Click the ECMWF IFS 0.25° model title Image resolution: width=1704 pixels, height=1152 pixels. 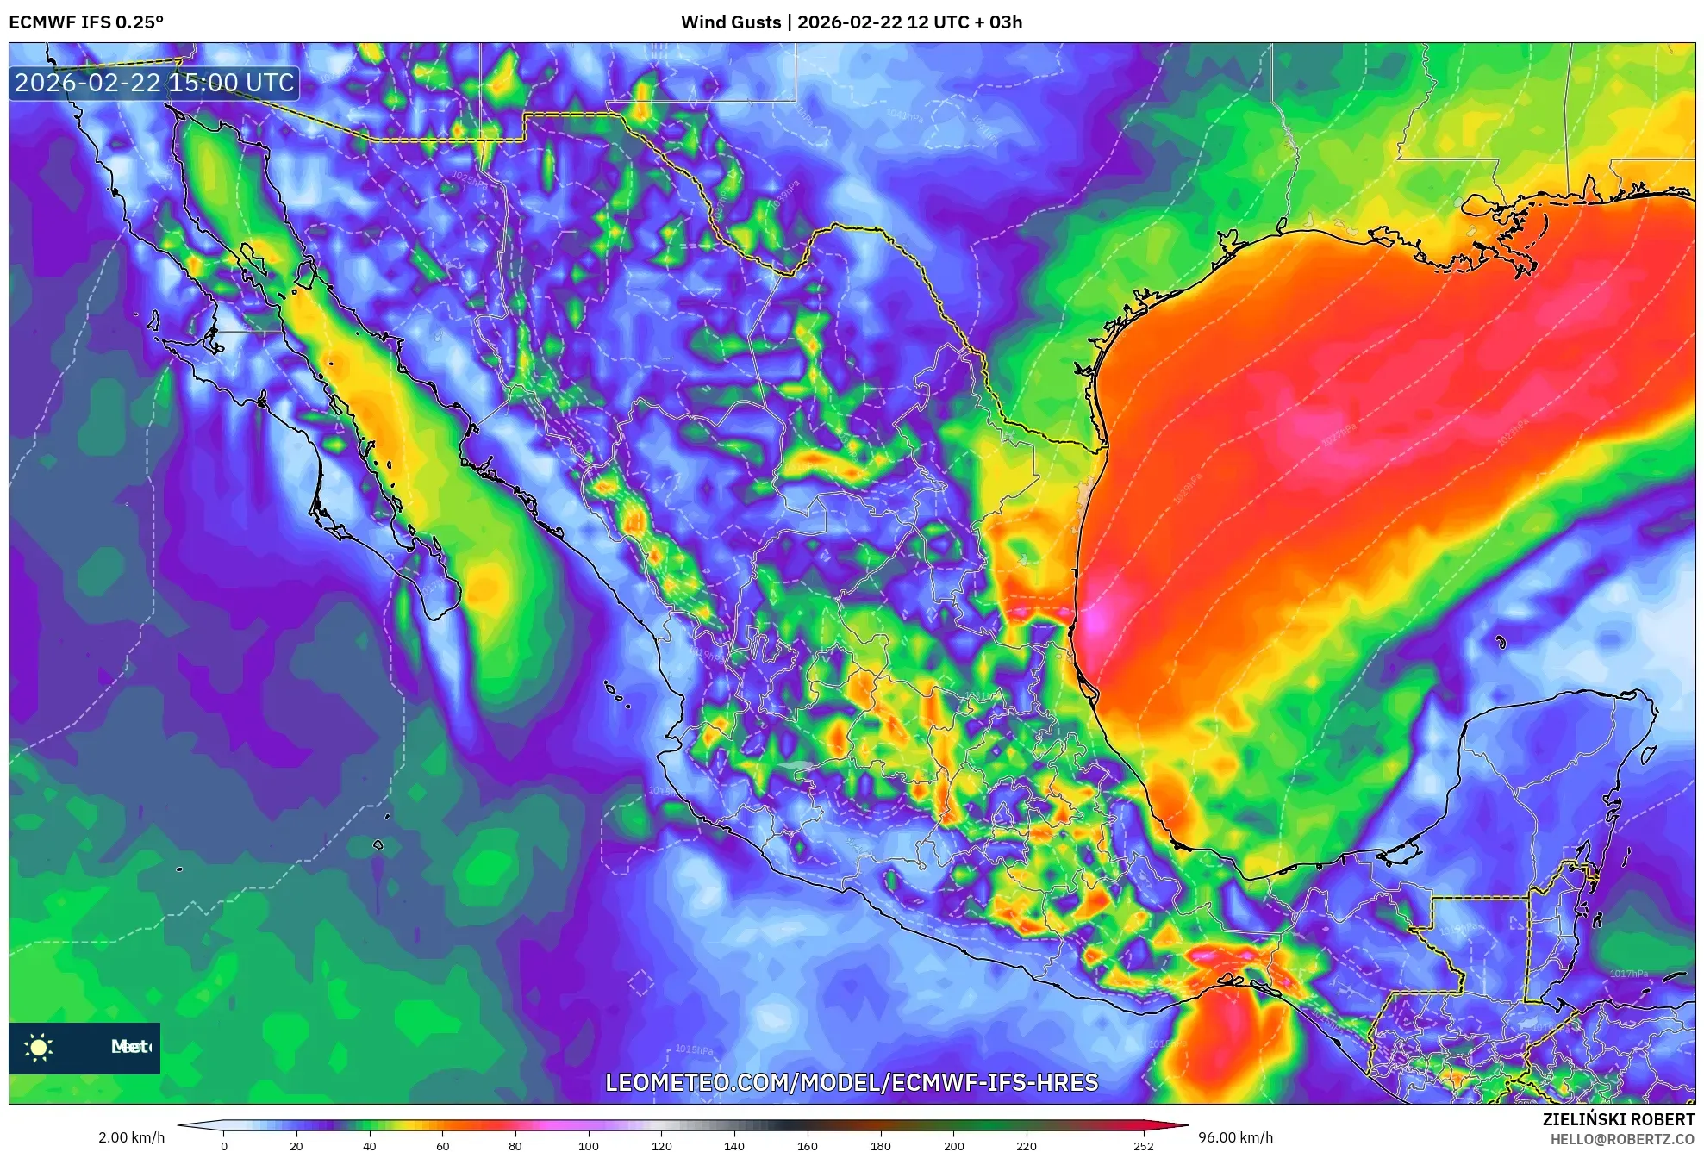point(86,22)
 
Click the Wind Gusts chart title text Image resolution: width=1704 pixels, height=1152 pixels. point(851,22)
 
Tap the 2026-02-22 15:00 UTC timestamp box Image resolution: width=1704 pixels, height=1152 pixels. point(154,84)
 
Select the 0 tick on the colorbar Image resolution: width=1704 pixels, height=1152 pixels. point(224,1145)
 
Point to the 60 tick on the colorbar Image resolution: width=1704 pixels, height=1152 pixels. point(442,1145)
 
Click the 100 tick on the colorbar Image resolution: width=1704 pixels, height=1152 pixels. point(588,1145)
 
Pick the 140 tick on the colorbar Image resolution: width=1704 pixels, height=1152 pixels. point(734,1145)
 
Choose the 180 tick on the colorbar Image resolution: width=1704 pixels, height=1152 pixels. point(880,1145)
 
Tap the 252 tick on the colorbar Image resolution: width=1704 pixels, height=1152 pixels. point(1143,1145)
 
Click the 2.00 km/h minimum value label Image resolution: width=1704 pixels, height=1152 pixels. point(131,1137)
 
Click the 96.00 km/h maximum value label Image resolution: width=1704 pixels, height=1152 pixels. point(1235,1137)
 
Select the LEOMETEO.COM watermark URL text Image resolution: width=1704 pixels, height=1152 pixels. point(852,1083)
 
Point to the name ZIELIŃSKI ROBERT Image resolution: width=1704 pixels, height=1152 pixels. point(1618,1119)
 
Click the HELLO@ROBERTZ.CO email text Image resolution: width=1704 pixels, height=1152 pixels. point(1622,1139)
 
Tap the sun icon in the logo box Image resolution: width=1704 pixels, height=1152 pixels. point(39,1047)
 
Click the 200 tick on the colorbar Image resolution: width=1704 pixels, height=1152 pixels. point(953,1145)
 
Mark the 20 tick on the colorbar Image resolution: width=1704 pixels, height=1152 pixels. point(296,1145)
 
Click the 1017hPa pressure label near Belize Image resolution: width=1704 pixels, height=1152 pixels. point(1628,974)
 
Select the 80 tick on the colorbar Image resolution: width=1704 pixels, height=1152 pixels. point(515,1145)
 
